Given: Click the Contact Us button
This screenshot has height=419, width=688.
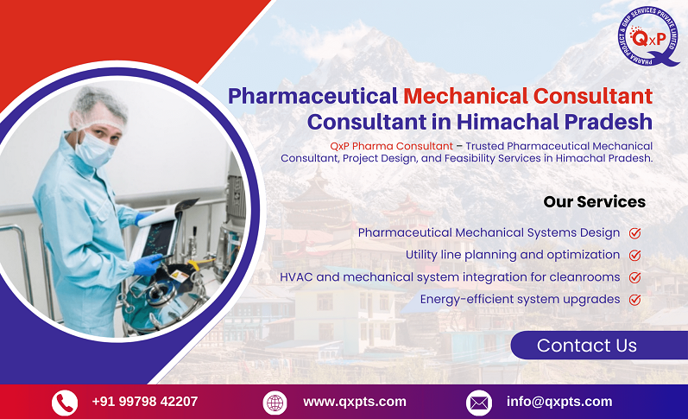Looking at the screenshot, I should (587, 346).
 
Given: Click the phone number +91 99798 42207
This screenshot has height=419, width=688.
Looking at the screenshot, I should (144, 401).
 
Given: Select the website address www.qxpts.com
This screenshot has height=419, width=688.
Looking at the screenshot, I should (354, 401).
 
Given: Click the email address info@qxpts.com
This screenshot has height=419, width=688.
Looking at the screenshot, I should (559, 401).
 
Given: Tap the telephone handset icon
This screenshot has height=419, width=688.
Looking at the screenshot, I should (65, 402).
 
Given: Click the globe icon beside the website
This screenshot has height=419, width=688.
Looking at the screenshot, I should (275, 402).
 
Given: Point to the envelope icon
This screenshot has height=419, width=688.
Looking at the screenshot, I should (478, 402).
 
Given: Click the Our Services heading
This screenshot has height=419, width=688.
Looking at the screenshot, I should (594, 202).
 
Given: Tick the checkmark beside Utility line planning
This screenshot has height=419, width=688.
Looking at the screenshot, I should (634, 255).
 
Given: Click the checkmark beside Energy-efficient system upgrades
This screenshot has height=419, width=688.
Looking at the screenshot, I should (634, 300).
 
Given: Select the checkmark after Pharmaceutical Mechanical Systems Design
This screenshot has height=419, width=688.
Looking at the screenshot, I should (634, 233).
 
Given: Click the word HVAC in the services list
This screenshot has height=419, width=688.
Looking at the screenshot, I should (297, 277).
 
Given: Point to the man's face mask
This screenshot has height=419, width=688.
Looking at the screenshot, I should (94, 149).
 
